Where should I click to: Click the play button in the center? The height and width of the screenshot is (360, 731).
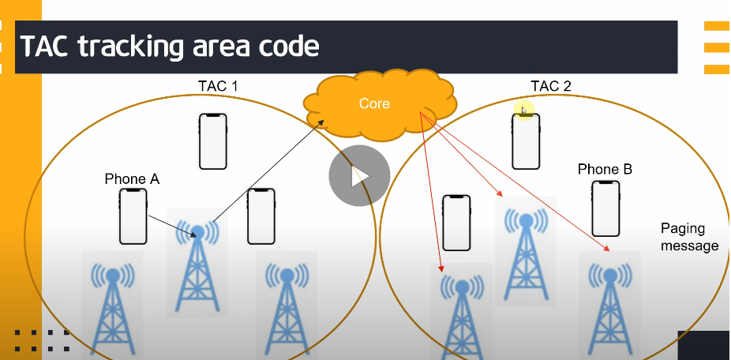pos(359,175)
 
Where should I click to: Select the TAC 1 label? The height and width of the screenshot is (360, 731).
pos(218,84)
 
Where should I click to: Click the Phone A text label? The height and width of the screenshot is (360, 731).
pos(132,179)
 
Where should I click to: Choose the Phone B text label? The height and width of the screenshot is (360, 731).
pos(605,169)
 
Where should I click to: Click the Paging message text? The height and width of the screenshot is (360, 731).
pos(689,237)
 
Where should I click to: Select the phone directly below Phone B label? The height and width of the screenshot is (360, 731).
pos(605,208)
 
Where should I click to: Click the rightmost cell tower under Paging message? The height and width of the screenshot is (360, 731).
pos(609,304)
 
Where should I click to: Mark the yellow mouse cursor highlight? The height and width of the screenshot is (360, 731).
pos(523,111)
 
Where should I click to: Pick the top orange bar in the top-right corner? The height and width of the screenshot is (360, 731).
pos(716,26)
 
